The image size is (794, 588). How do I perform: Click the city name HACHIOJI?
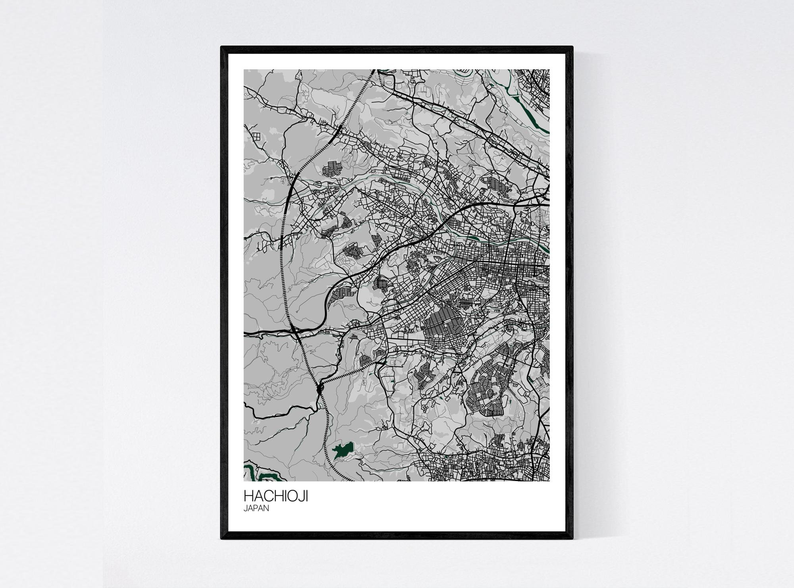pos(276,497)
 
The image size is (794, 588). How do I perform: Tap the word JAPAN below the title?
pos(256,508)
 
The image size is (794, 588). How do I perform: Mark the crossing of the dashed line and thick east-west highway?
pos(295,331)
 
